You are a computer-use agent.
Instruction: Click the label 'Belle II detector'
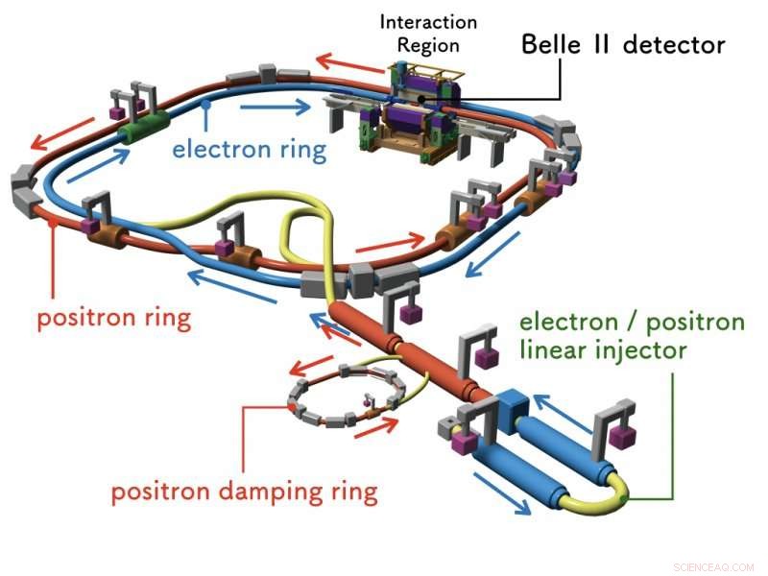point(622,44)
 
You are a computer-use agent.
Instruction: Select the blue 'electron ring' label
point(249,150)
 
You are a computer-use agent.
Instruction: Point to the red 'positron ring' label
point(113,317)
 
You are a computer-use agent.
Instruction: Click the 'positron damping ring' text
point(244,493)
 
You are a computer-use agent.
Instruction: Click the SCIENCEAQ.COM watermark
point(716,566)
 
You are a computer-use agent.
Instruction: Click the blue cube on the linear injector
point(508,403)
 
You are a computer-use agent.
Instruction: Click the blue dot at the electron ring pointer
point(205,101)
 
